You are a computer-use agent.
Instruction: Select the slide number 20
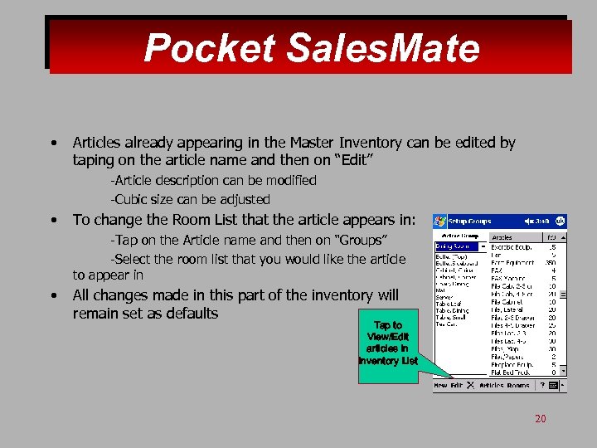[x=540, y=419]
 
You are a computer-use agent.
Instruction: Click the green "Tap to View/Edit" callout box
[x=387, y=343]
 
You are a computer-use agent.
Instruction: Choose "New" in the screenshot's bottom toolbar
[x=441, y=385]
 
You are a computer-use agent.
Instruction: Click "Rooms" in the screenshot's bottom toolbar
[x=518, y=385]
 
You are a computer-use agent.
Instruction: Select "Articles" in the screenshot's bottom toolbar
[x=493, y=385]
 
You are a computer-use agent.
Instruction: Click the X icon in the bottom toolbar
[x=469, y=385]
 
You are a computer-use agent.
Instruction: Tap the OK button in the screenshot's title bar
[x=561, y=222]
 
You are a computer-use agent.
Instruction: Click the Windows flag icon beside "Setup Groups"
[x=440, y=222]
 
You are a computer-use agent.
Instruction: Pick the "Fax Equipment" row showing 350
[x=522, y=263]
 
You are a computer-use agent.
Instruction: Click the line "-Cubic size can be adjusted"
[x=191, y=199]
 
